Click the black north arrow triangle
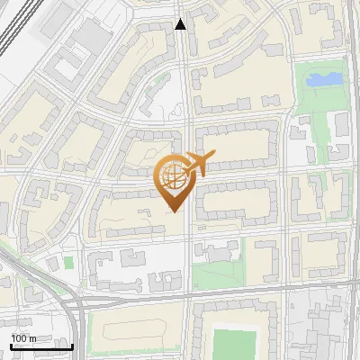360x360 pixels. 181,24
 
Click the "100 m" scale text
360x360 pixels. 23,338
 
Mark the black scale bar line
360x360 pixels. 41,346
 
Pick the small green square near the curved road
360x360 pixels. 68,262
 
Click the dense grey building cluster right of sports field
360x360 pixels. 324,333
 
